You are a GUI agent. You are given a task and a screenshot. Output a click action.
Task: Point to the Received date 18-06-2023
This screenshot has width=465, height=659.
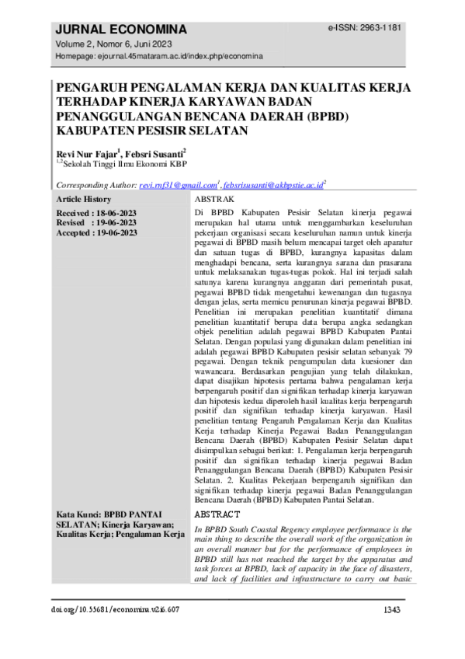pos(96,213)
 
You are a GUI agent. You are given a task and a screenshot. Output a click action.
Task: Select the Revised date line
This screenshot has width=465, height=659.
pos(96,223)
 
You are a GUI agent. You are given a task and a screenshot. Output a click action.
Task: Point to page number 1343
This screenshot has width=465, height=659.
pos(392,611)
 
